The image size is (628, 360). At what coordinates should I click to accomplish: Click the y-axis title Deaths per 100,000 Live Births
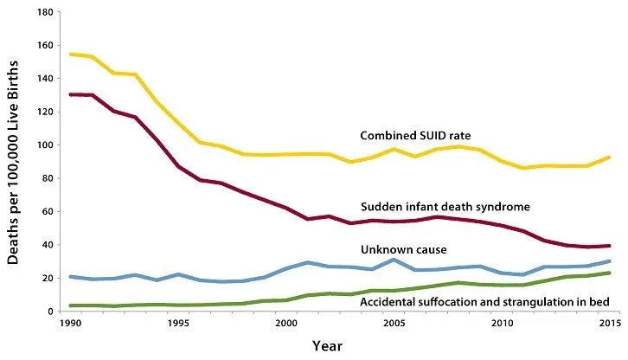click(16, 163)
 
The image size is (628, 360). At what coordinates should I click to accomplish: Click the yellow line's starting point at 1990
click(71, 55)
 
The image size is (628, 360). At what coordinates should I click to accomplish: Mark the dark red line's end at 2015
click(609, 246)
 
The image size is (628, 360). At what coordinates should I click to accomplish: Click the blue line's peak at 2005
click(394, 260)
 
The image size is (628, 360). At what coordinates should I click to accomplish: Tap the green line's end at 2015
click(609, 273)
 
